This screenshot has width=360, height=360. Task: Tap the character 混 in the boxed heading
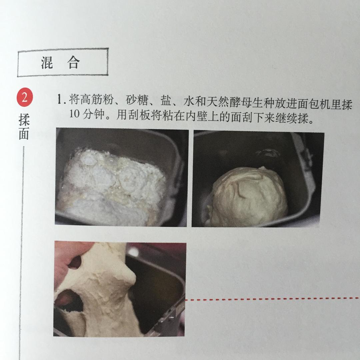click(x=47, y=63)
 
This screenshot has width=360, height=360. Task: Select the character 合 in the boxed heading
click(x=74, y=63)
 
